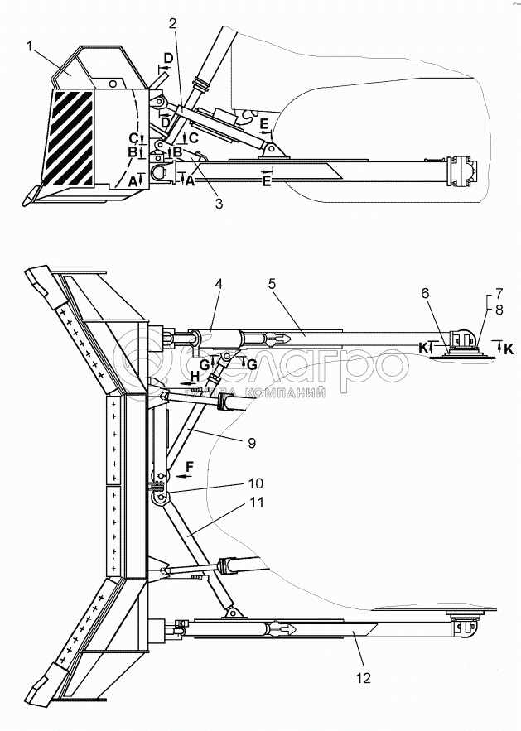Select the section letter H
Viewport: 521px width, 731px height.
click(195, 375)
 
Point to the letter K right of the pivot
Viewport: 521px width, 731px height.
click(508, 351)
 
